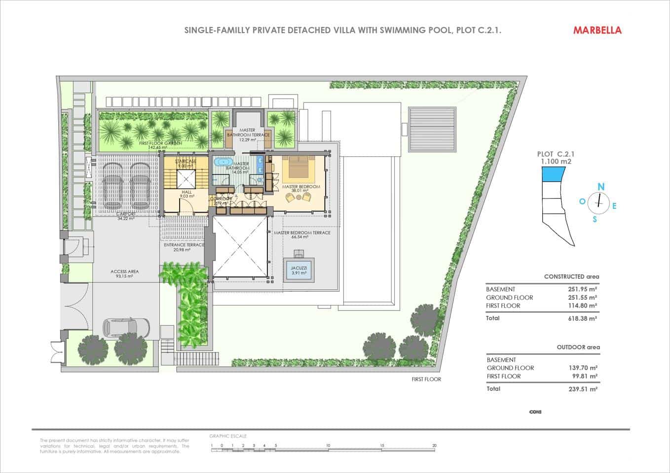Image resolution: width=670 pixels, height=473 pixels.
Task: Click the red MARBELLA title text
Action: point(597,30)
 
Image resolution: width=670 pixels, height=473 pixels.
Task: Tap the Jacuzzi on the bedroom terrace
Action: point(299,270)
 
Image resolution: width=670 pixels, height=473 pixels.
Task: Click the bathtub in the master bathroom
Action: point(223,162)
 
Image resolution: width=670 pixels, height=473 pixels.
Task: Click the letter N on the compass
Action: point(601,187)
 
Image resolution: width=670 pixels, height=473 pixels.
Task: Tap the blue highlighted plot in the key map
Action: point(553,173)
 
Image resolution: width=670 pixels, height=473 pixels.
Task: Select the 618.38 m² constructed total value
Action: point(583,318)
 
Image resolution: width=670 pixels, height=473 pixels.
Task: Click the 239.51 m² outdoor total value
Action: point(583,389)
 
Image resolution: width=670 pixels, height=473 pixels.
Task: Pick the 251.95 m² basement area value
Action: point(583,289)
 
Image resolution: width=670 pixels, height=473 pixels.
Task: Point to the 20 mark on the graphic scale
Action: point(434,445)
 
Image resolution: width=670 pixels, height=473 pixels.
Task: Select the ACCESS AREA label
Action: point(124,271)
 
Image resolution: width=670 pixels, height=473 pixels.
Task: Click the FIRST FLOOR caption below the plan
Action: point(426,379)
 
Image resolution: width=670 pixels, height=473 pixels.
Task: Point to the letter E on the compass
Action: point(614,206)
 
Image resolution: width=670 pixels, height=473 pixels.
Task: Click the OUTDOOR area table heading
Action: point(578,347)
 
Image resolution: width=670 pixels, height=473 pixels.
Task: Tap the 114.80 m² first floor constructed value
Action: point(583,305)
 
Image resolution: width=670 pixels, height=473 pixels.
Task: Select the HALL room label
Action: point(186,192)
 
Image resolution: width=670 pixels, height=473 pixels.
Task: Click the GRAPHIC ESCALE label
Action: point(228,436)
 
